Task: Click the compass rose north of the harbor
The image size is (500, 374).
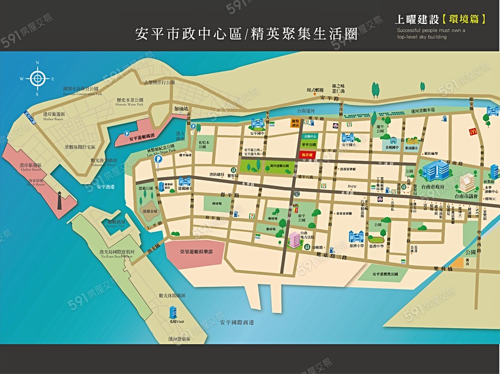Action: coord(37,79)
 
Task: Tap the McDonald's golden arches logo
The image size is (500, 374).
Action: coord(474,132)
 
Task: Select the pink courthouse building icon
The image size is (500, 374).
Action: coord(294,240)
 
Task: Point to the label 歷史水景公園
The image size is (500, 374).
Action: coord(129,99)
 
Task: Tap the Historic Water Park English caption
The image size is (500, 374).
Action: coord(129,104)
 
